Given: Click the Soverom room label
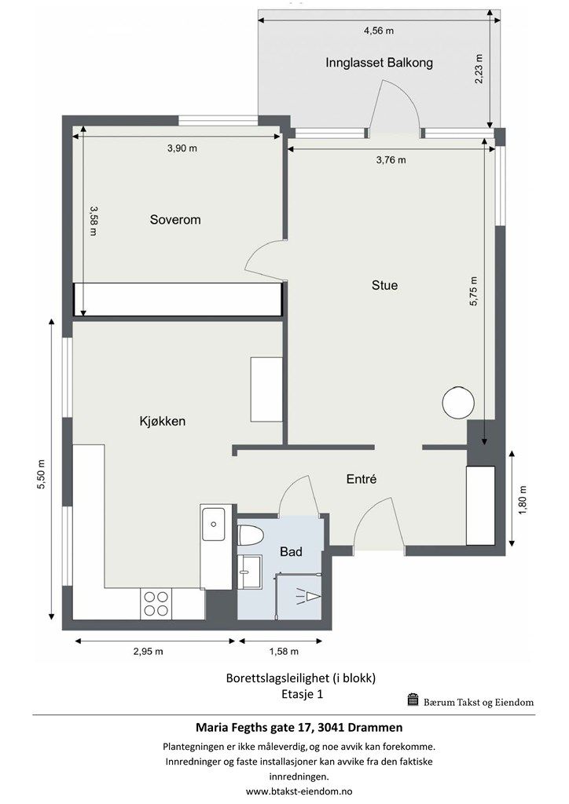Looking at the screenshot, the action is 175,220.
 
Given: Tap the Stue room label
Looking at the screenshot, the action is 384,285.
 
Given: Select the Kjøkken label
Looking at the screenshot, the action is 162,422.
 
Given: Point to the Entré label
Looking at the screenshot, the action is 362,479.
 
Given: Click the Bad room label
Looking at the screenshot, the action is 291,552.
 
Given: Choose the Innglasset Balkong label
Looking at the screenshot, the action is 379,63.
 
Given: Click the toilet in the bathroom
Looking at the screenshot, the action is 251,535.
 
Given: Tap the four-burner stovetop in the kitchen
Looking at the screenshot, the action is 156,604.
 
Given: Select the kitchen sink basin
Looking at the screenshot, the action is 213,524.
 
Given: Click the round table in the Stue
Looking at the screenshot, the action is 458,403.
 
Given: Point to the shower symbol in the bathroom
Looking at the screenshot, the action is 309,597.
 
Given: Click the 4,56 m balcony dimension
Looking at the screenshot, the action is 379,31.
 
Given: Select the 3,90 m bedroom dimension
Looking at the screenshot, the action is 182,148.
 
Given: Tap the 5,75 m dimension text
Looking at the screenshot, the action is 473,292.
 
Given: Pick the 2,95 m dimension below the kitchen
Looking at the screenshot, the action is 149,652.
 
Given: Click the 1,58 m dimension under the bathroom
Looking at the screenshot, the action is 284,652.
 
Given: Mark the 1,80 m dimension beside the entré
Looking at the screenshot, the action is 523,500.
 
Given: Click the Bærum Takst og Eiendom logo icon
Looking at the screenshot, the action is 413,700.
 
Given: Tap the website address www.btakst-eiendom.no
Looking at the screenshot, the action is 299,791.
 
